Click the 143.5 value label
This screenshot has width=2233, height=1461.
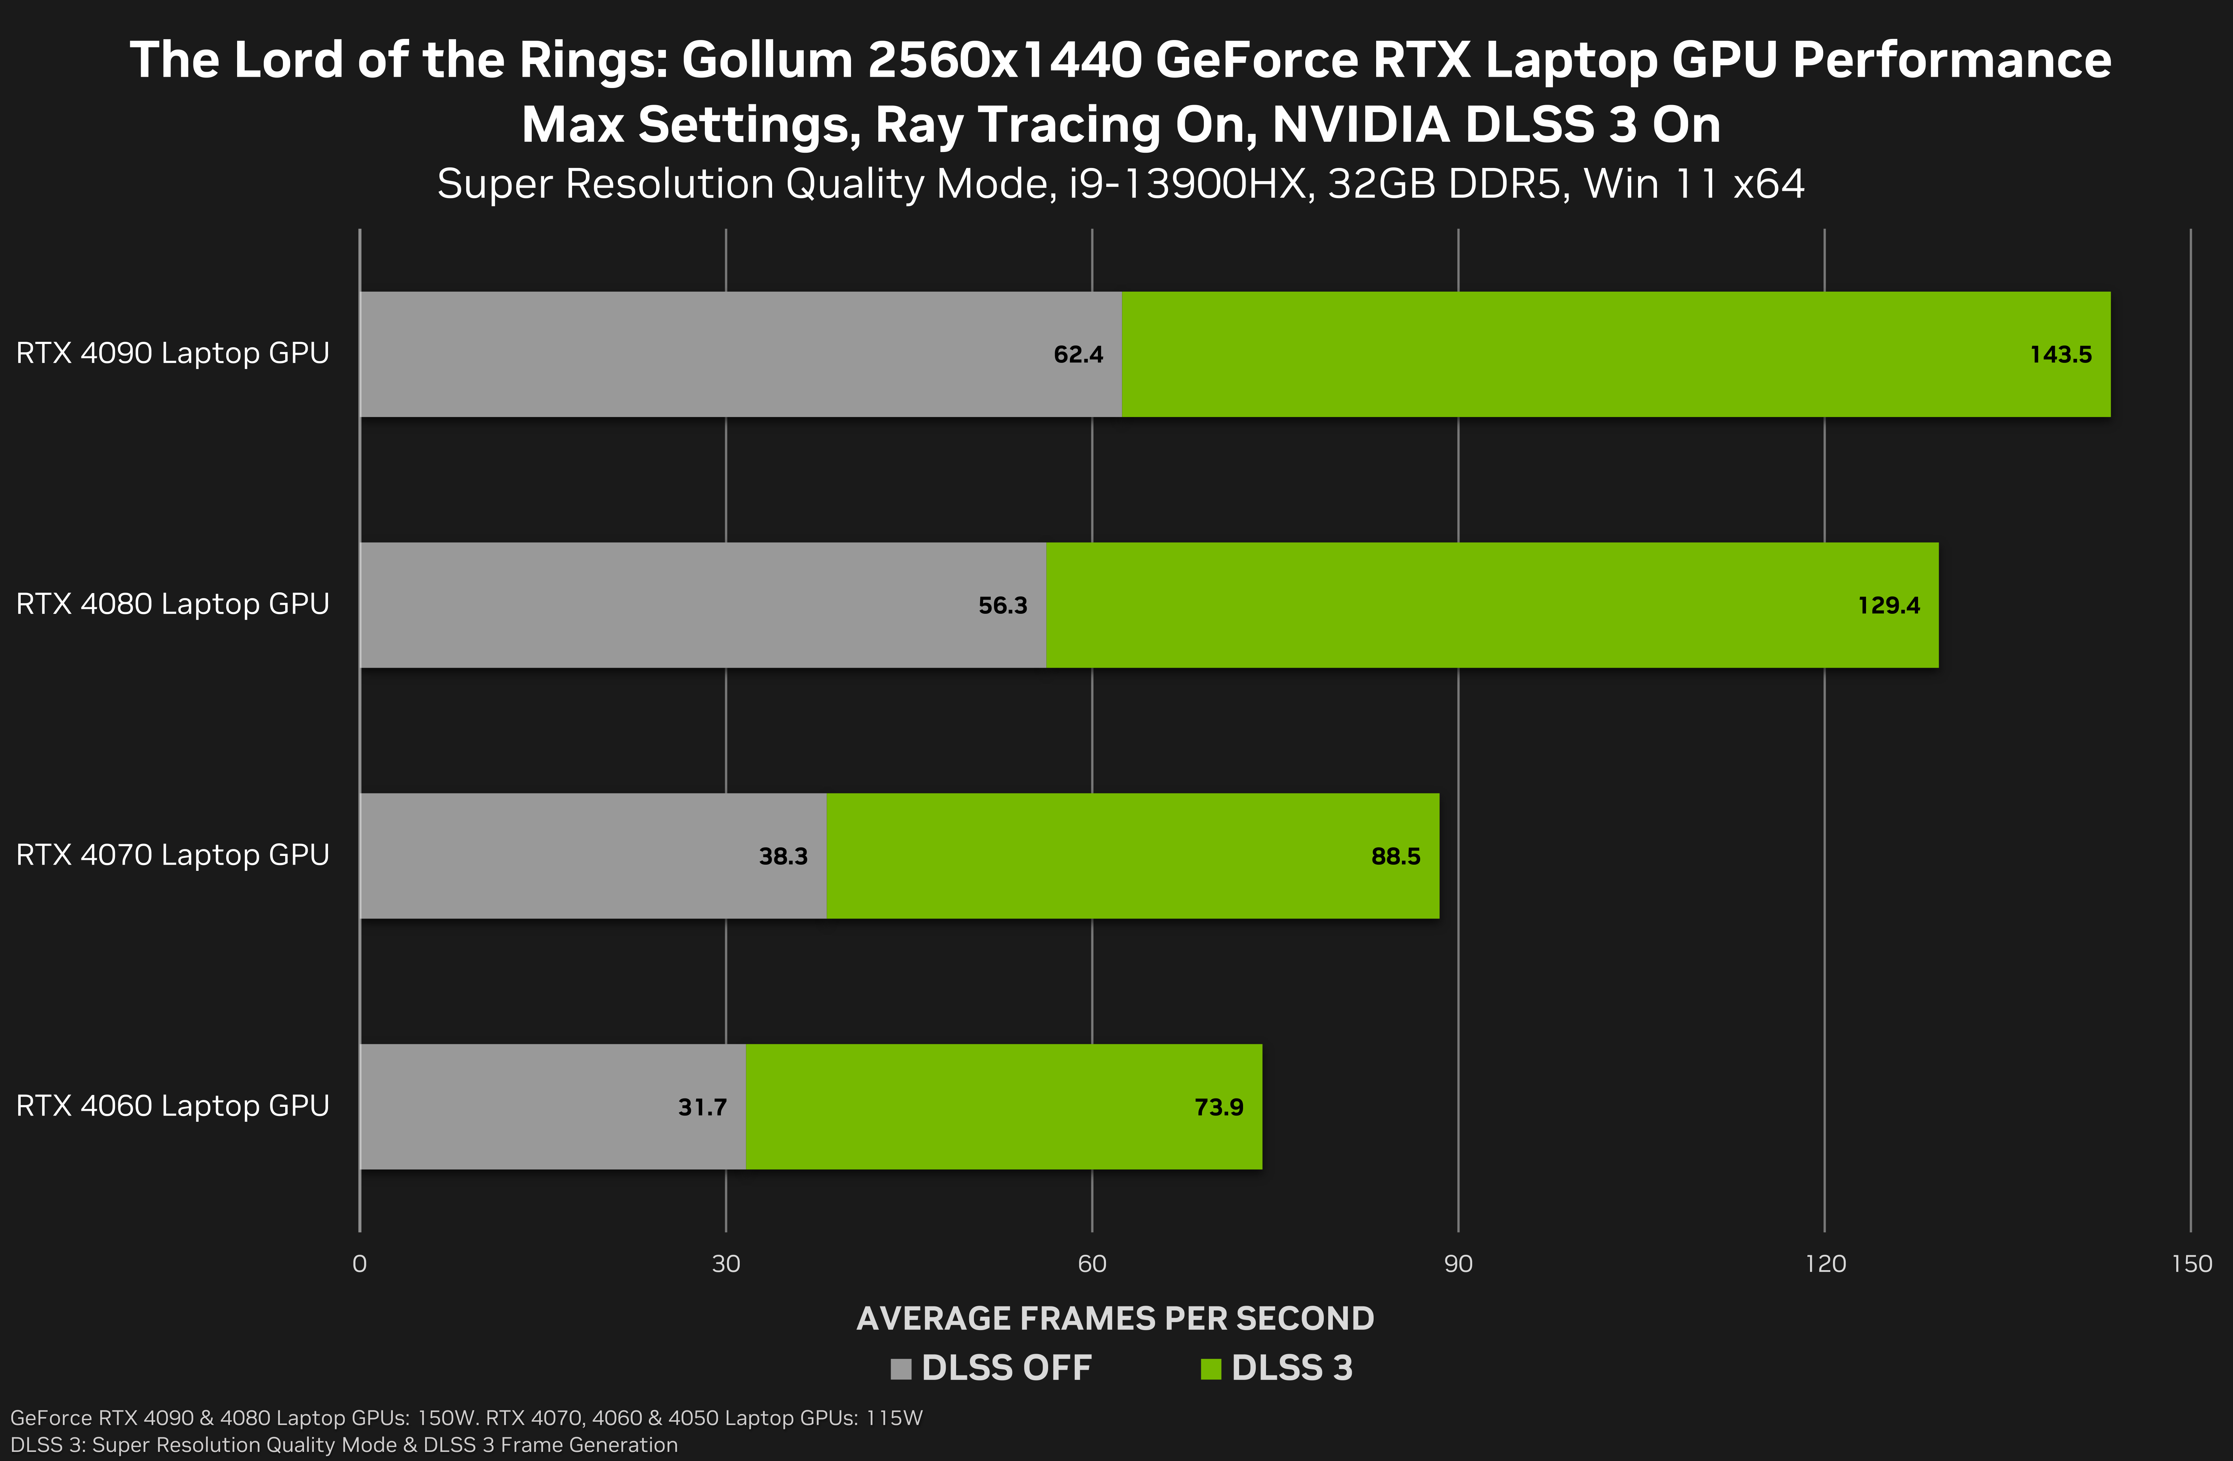tap(2060, 355)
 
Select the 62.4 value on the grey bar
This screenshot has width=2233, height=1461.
tap(1078, 355)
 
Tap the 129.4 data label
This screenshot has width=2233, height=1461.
tap(1889, 605)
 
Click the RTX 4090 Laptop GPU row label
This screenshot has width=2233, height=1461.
tap(173, 354)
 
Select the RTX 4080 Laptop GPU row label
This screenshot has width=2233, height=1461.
tap(173, 604)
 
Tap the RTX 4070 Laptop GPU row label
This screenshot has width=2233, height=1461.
tap(173, 855)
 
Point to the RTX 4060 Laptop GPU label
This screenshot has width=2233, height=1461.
tap(173, 1106)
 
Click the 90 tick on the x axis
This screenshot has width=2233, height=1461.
tap(1458, 1264)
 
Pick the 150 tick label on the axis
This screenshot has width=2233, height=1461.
tap(2192, 1264)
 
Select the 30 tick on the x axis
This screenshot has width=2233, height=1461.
tap(725, 1264)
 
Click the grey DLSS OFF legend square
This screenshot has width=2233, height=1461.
tap(901, 1369)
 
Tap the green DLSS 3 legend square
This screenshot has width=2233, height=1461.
tap(1210, 1369)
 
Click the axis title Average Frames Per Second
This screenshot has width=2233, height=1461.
tap(1115, 1318)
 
